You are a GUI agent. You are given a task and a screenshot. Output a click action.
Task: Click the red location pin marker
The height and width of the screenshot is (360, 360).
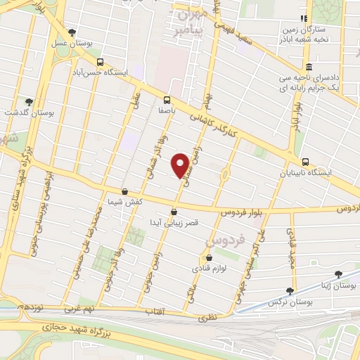point(181,165)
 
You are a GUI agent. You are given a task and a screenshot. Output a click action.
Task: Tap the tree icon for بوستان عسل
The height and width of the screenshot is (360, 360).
point(72,32)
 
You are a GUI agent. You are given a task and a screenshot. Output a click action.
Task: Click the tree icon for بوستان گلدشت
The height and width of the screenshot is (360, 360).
point(29,102)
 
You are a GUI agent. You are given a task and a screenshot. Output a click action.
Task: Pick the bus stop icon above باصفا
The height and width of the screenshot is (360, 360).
point(167,100)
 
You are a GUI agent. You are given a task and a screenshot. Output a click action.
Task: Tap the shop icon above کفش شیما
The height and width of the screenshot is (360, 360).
point(124,191)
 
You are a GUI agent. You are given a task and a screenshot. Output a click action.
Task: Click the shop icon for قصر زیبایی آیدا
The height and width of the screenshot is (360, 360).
point(173,212)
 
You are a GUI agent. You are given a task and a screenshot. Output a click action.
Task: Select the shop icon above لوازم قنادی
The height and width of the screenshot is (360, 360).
point(209,257)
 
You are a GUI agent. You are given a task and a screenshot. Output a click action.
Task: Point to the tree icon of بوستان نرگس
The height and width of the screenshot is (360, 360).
point(290,290)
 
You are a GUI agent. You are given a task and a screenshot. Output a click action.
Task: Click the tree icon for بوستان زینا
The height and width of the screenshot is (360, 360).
point(340,273)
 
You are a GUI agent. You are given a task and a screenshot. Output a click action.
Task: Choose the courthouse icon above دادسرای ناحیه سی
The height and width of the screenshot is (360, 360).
point(309,66)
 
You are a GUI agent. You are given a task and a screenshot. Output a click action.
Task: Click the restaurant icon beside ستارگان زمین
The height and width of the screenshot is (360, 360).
point(304,18)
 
